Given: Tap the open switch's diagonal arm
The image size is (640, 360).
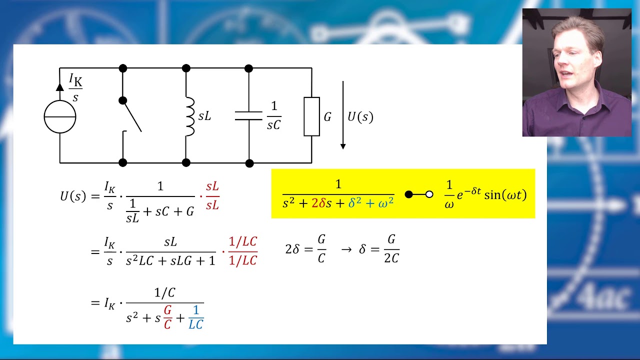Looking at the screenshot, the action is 132,116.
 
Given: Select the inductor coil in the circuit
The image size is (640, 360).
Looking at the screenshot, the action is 190,116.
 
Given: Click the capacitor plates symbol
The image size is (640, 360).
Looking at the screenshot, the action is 248,115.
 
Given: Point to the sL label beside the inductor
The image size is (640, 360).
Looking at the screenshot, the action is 204,116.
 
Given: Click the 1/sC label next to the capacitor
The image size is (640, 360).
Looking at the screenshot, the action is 274,116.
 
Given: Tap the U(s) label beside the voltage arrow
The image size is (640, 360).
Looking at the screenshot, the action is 360,117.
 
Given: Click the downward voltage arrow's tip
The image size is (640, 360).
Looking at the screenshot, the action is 343,149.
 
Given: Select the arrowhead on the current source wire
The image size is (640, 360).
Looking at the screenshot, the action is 59,87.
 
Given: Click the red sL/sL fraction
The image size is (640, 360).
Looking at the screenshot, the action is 212,196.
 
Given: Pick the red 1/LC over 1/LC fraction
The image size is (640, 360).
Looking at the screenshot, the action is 243,251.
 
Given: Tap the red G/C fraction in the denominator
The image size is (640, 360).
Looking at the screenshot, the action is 167,317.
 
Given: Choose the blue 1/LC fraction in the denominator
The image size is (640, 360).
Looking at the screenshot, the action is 196,317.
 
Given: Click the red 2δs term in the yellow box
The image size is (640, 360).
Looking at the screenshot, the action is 321,203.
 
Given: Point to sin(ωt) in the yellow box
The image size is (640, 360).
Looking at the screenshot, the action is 505,195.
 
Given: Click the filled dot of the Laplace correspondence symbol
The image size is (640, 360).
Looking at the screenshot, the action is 409,194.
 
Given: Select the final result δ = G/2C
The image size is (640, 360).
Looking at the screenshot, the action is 379,249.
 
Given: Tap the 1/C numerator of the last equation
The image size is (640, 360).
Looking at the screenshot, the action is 165,293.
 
